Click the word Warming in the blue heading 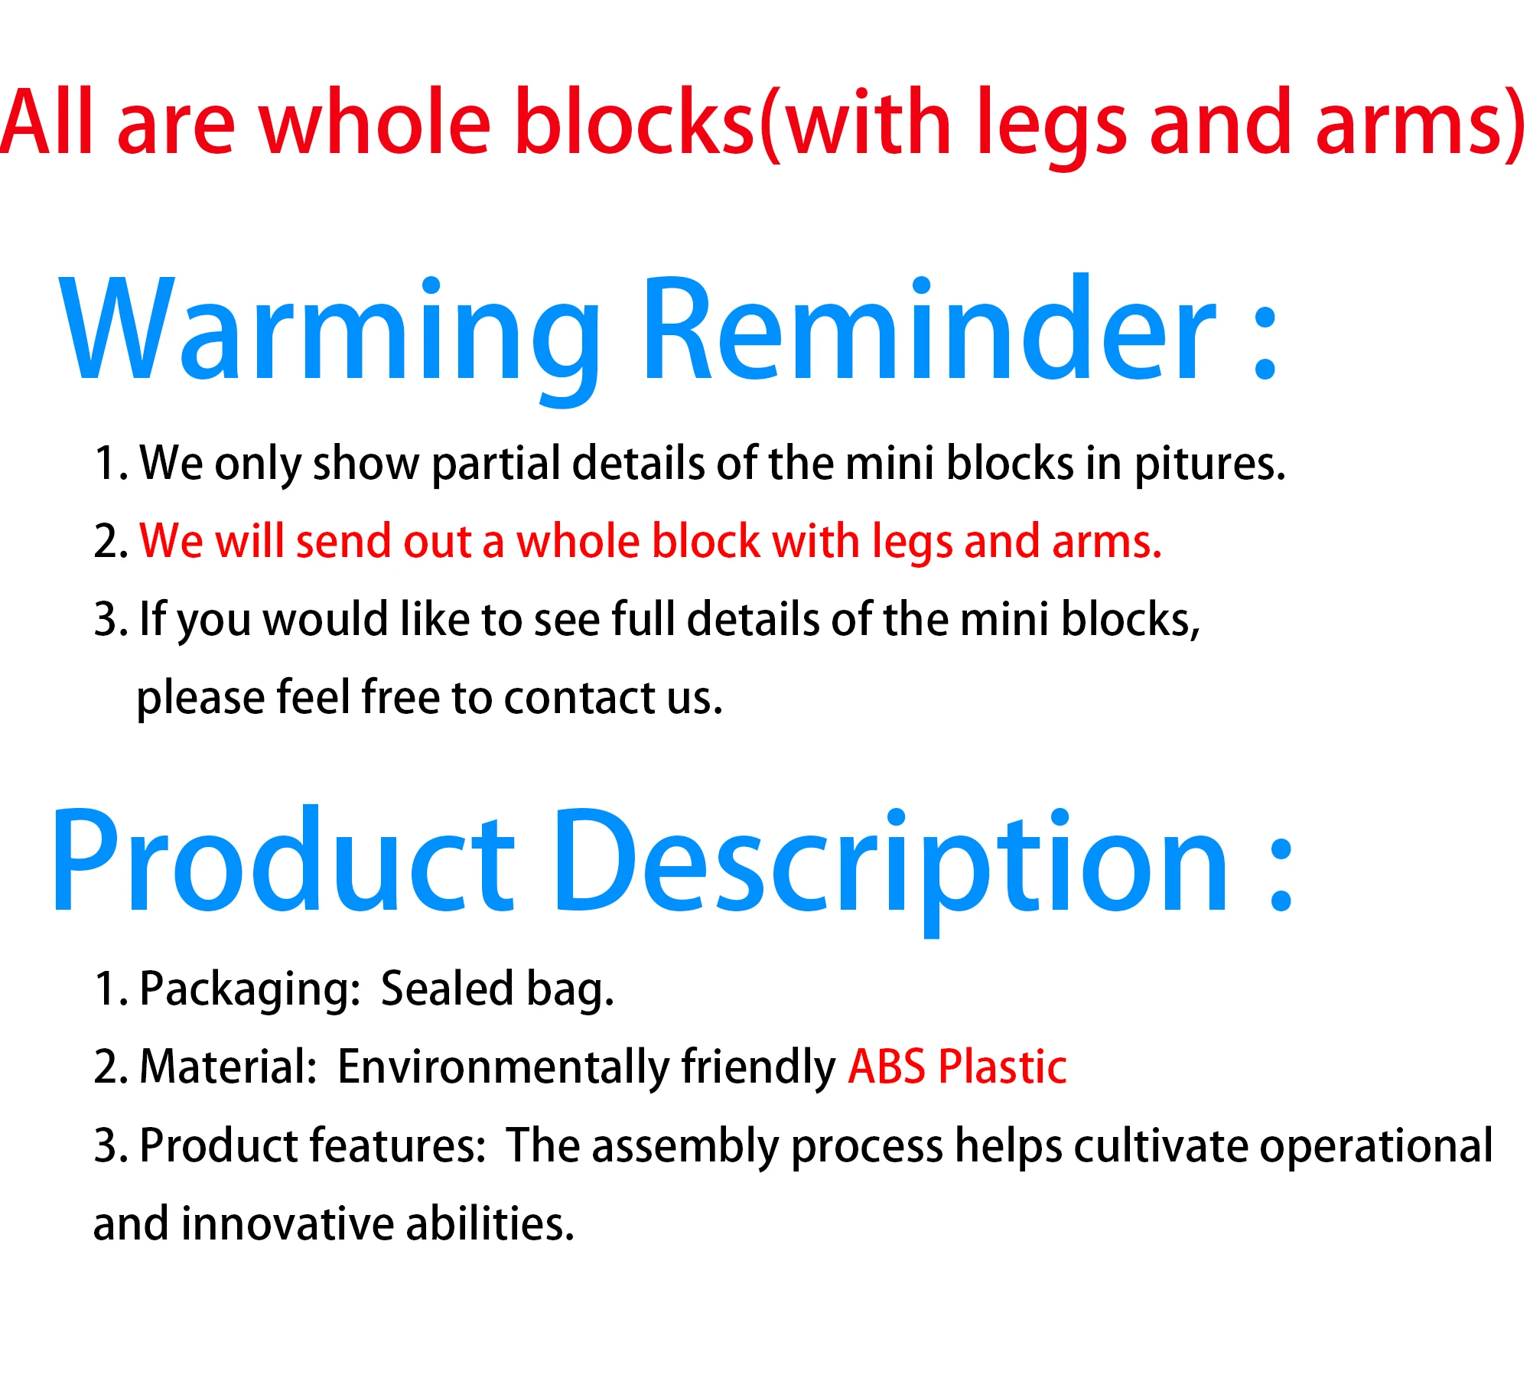330,337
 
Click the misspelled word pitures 1209,464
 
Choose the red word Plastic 1002,1065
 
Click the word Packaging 250,989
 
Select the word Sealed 447,988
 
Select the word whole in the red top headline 376,122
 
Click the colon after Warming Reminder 1265,344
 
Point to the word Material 228,1067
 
